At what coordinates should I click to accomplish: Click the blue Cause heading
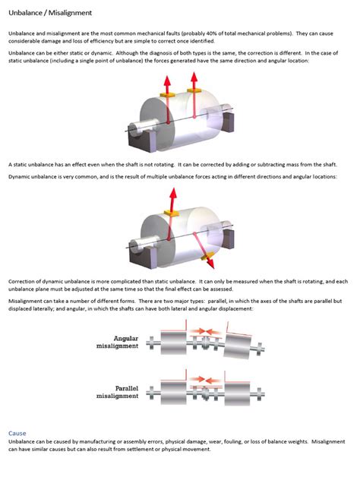[x=17, y=433]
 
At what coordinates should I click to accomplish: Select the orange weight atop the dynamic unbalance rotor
[x=174, y=215]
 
